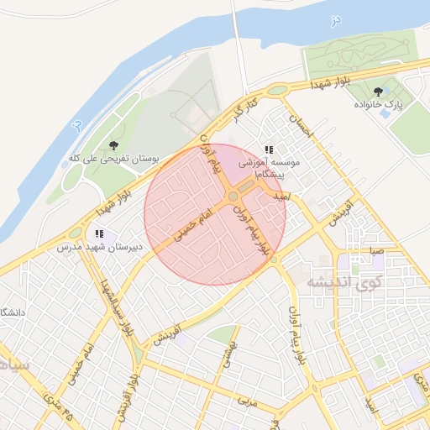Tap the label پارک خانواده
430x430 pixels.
(x=379, y=105)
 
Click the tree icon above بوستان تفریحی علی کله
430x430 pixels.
(x=113, y=145)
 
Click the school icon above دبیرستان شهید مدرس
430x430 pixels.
(x=100, y=233)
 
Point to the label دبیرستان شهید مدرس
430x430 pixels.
(x=100, y=248)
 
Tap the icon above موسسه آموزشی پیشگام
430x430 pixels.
(x=269, y=149)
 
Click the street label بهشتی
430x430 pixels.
(x=229, y=356)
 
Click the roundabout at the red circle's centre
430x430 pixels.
(x=233, y=197)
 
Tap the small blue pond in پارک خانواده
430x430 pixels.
(x=385, y=113)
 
